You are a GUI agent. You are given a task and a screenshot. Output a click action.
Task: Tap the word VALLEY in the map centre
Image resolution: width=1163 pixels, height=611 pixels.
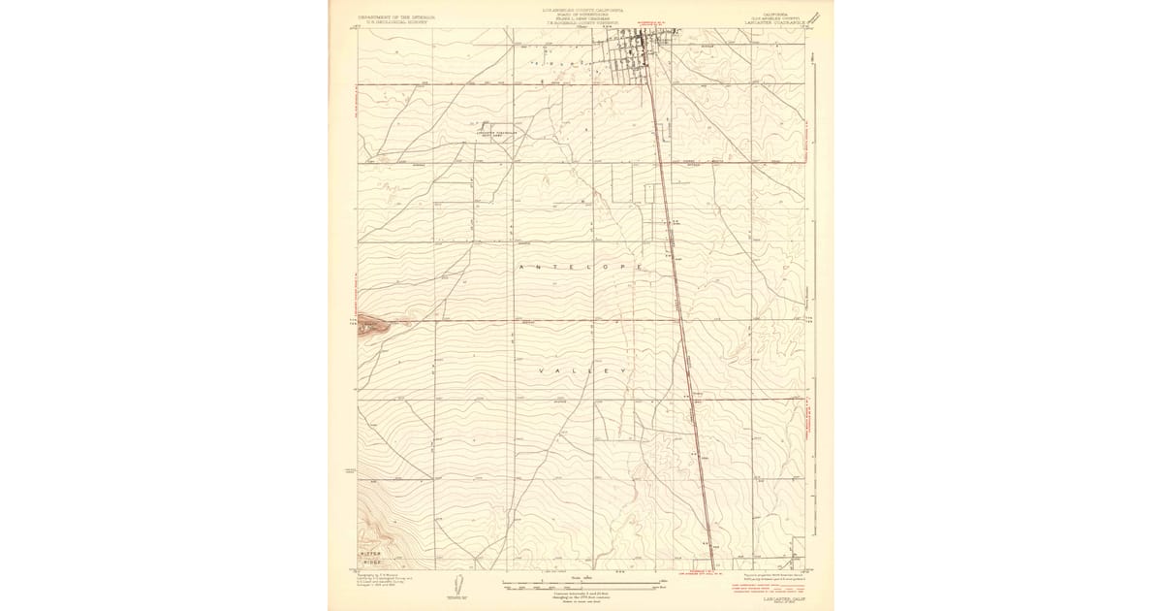pos(581,371)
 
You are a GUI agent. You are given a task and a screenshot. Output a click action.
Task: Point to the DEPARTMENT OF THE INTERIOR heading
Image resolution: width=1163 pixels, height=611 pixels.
pos(394,16)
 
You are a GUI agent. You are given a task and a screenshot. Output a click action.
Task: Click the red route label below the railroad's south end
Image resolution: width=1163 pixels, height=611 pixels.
pos(712,574)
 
